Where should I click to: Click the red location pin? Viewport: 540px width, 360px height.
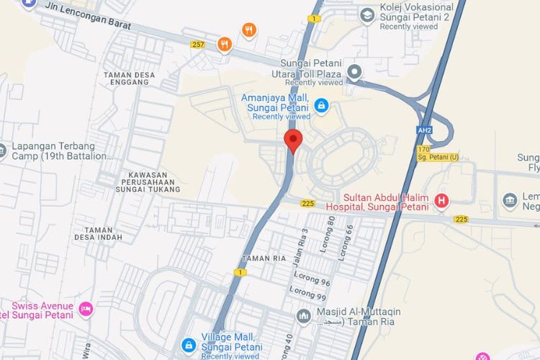(x=292, y=140)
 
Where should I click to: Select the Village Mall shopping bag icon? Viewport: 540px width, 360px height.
(x=188, y=345)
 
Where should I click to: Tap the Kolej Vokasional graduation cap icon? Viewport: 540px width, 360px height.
(x=367, y=14)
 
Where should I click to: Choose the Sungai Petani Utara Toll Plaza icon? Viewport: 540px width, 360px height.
(x=354, y=71)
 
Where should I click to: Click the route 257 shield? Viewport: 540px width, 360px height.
(x=198, y=45)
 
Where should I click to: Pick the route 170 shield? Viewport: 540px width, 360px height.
(x=423, y=149)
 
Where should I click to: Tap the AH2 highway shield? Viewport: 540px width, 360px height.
(x=423, y=130)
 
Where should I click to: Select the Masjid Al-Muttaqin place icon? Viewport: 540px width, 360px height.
(x=305, y=315)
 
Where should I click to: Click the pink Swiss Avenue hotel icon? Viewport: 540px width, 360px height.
(x=86, y=309)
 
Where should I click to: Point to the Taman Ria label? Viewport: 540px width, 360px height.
(x=260, y=258)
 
